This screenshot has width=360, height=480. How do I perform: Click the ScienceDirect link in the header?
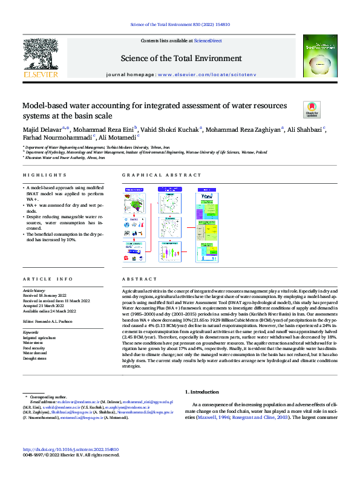coord(208,40)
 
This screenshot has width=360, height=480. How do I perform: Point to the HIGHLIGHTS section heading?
coord(39,175)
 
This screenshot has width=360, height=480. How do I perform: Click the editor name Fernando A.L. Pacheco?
coord(59,320)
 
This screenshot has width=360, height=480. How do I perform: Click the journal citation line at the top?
coord(180,25)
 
